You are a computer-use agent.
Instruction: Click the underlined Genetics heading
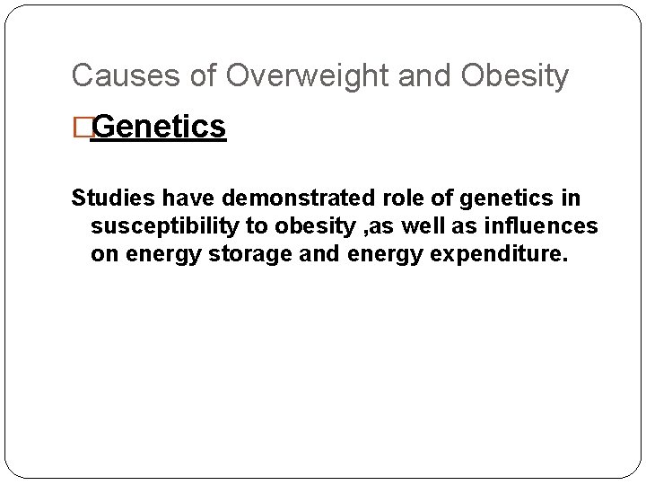158,128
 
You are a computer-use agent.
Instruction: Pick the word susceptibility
168,225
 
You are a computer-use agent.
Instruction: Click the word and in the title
424,76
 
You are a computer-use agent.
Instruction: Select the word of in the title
203,76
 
